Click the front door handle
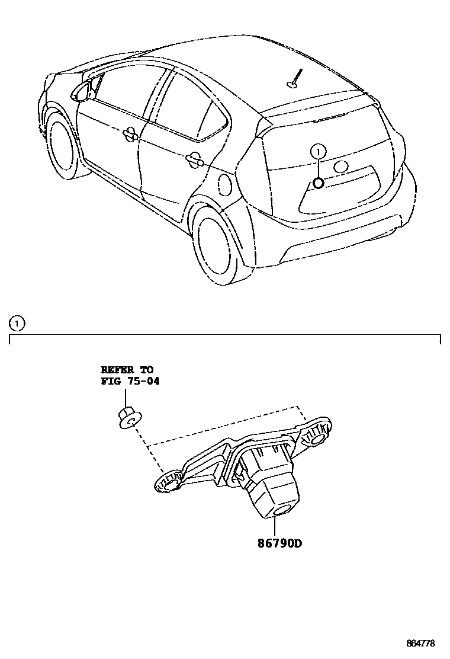tap(129, 135)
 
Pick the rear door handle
tap(194, 158)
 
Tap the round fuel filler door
tap(225, 184)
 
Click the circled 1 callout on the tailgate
tap(318, 152)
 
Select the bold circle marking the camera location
tap(318, 183)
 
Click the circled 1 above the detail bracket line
tap(17, 324)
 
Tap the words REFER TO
tap(127, 370)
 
